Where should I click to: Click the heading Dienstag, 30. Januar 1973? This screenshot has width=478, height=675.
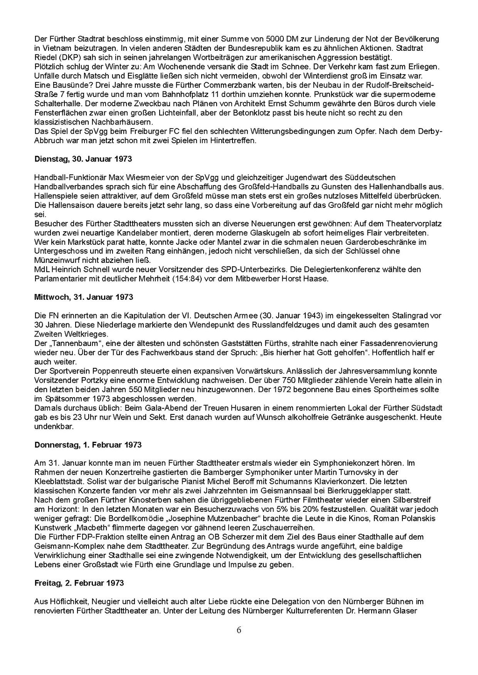click(83, 159)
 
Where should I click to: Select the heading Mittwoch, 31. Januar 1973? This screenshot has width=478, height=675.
click(84, 297)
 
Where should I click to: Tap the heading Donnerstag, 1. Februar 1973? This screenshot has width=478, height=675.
click(88, 445)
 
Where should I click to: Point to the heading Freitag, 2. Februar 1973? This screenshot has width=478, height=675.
click(79, 583)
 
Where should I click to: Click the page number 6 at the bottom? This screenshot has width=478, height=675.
click(239, 630)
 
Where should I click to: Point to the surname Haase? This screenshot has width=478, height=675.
click(318, 279)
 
